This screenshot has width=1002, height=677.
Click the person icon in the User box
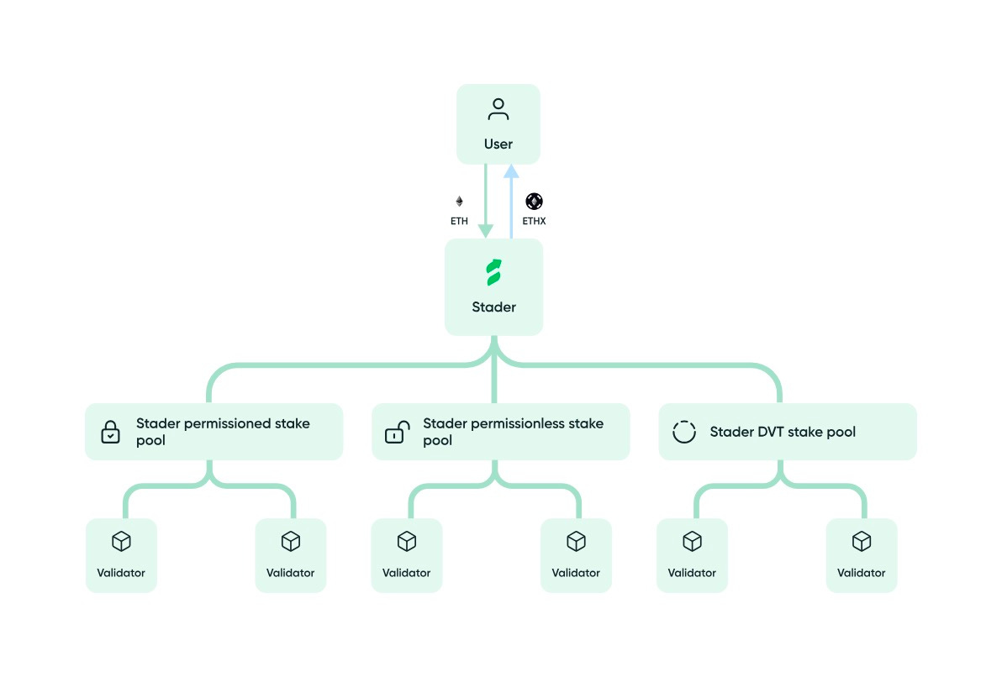(x=498, y=110)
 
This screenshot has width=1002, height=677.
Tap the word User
(x=498, y=144)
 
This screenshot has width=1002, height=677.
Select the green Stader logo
(x=493, y=273)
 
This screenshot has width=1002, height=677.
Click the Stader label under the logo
(x=493, y=307)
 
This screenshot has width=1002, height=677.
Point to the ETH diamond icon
(x=459, y=202)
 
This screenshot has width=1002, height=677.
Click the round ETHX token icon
(x=535, y=202)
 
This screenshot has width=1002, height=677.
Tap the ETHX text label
(x=535, y=222)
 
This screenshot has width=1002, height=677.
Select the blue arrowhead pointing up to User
(x=511, y=172)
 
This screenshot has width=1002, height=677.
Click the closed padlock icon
(x=111, y=433)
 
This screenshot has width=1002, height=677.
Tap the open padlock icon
(x=397, y=433)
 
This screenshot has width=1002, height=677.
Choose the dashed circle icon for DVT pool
(x=684, y=432)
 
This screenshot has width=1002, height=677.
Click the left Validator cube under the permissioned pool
(x=121, y=542)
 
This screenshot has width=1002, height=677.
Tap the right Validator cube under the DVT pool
(x=862, y=542)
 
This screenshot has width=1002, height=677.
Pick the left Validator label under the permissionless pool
(x=406, y=573)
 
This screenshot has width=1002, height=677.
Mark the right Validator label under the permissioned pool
(x=290, y=573)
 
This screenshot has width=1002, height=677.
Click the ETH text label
(x=459, y=222)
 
